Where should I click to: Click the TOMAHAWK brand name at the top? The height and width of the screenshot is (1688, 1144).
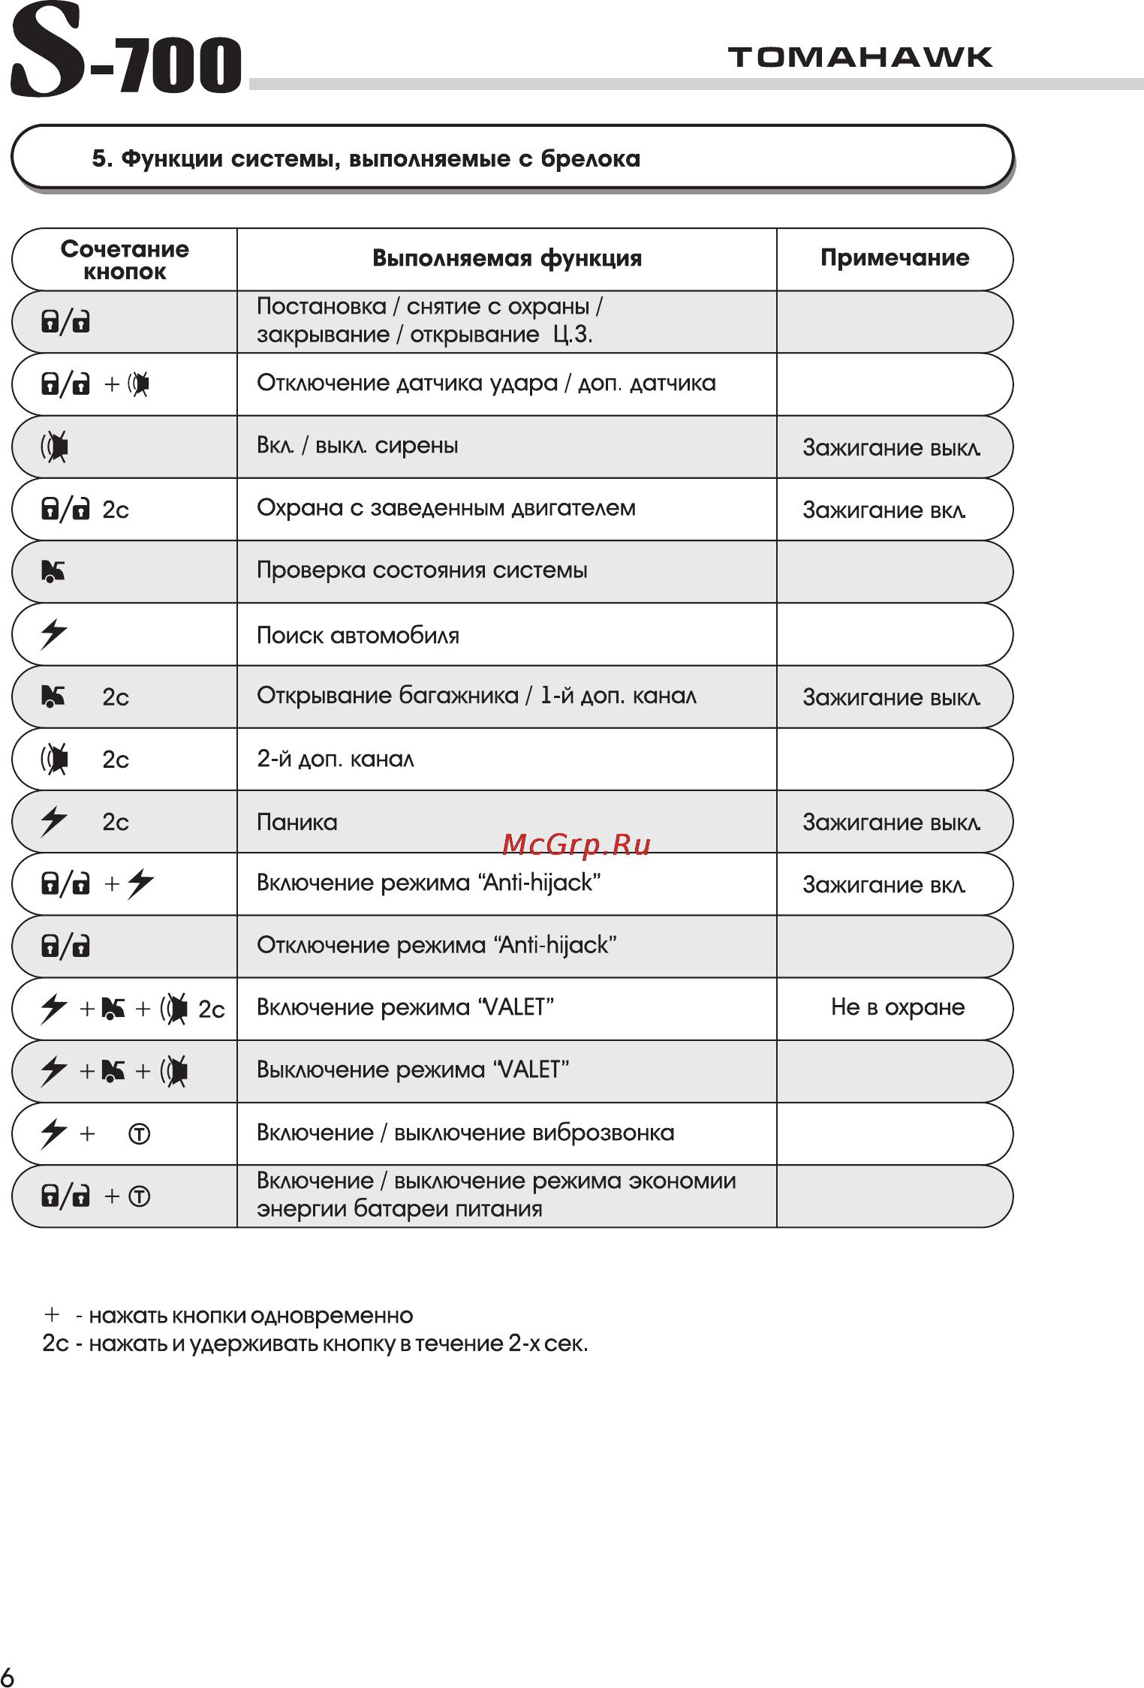tap(860, 58)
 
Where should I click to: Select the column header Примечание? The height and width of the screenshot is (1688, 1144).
tap(894, 258)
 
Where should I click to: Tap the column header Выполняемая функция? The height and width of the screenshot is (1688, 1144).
tap(507, 259)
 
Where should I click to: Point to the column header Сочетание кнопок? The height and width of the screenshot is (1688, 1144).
tap(125, 260)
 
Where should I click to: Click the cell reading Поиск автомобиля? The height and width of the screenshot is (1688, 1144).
tap(357, 636)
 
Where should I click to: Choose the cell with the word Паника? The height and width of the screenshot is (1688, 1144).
tap(297, 823)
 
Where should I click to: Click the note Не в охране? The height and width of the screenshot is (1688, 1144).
tap(897, 1007)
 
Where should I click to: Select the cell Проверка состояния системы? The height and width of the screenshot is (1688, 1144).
tap(421, 570)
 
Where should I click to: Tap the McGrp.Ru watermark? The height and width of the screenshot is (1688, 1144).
tap(576, 845)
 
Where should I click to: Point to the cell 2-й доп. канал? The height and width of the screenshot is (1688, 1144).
tap(335, 760)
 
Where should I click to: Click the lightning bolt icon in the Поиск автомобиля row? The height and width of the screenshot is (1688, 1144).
tap(53, 633)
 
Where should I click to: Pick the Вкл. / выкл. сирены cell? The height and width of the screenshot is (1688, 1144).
tap(357, 446)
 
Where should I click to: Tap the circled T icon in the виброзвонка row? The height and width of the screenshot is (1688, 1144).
tap(140, 1133)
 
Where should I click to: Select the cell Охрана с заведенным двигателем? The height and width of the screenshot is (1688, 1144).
tap(445, 508)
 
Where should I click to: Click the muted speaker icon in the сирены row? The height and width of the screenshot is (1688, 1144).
tap(55, 447)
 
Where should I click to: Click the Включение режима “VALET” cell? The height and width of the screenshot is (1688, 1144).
tap(405, 1007)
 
